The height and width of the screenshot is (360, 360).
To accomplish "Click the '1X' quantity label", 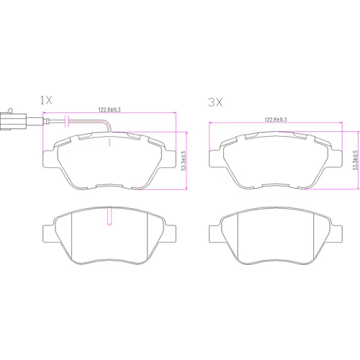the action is click(x=46, y=100).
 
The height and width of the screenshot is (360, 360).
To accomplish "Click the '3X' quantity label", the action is click(x=215, y=102).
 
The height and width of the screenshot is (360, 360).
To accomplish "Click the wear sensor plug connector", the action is click(x=13, y=121).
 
